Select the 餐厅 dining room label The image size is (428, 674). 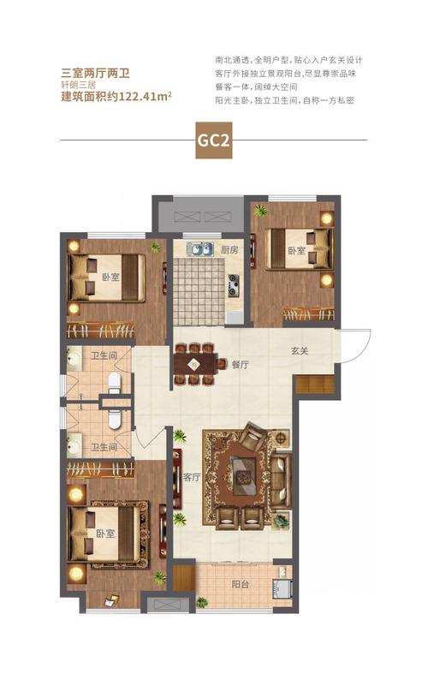(x=239, y=364)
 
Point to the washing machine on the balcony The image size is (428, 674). (x=282, y=588)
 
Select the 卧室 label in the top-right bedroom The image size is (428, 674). (x=296, y=250)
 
